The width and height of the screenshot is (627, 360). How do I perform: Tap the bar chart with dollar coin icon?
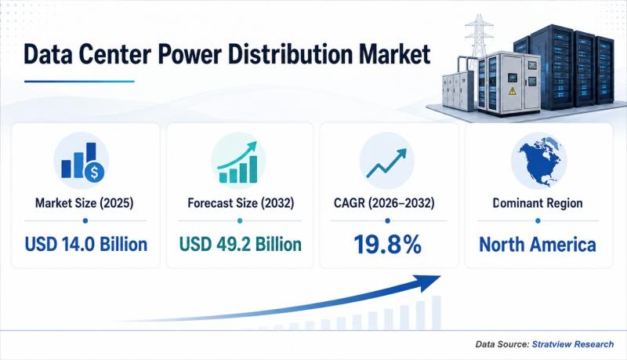(82, 162)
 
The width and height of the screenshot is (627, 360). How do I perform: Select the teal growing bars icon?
(238, 162)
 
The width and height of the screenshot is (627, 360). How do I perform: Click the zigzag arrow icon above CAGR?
(386, 163)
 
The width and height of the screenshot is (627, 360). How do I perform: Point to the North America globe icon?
(538, 162)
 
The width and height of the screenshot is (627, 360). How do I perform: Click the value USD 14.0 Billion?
(86, 244)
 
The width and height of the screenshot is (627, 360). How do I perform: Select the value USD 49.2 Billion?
(240, 244)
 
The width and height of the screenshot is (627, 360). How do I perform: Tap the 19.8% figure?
(387, 245)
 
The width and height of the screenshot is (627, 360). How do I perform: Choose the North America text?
(538, 245)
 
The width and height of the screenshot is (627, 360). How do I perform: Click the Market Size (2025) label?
(85, 203)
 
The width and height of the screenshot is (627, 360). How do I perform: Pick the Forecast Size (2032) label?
(241, 203)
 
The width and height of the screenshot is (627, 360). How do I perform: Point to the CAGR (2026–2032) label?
(384, 203)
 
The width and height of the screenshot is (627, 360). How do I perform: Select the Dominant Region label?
(538, 203)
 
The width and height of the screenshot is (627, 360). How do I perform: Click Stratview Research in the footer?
(573, 344)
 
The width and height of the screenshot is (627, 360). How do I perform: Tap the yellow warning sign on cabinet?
(513, 92)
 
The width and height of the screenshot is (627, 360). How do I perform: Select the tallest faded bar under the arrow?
(437, 313)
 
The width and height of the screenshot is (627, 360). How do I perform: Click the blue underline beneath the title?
(79, 82)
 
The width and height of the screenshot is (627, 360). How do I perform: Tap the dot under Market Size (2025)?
(85, 221)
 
